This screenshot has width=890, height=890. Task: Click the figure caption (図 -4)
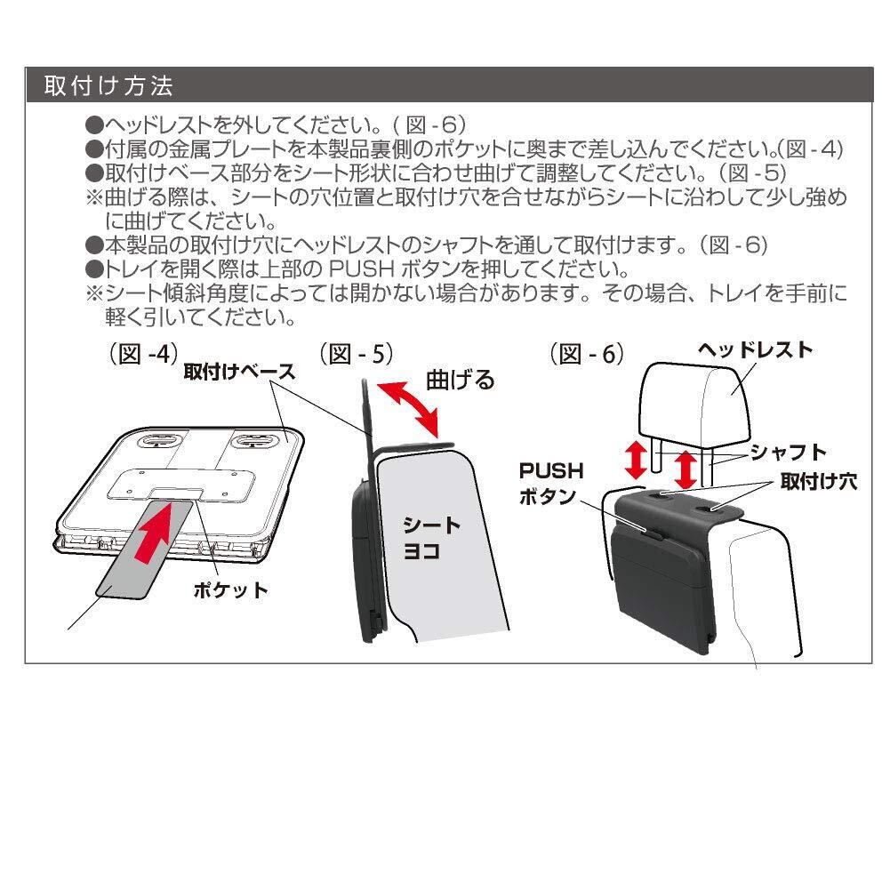point(138,354)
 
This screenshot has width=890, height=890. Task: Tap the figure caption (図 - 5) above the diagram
point(355,354)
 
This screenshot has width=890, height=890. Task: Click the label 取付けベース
point(238,373)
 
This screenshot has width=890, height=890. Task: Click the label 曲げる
point(460,381)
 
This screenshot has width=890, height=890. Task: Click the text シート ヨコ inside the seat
point(432,538)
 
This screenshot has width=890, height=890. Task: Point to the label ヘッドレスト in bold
point(755,349)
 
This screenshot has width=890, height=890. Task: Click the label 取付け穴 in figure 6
point(819,481)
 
